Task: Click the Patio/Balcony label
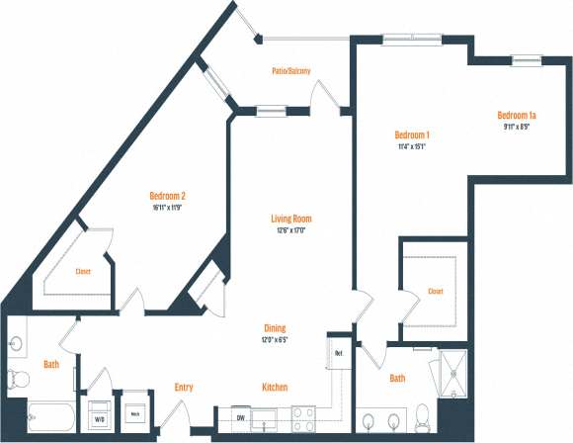[291, 71]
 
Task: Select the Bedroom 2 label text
[168, 196]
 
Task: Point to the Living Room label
[292, 219]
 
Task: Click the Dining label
[275, 328]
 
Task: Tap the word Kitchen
[275, 387]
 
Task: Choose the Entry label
[183, 387]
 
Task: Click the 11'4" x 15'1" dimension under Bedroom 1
[411, 146]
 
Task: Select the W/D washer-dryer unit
[101, 415]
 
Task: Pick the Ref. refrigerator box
[338, 353]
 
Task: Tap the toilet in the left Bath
[18, 377]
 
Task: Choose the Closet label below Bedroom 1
[436, 292]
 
